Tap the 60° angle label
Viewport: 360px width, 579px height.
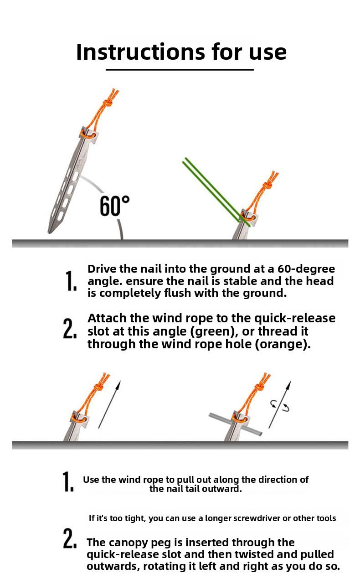tap(115, 206)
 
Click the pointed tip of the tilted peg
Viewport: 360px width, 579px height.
tap(49, 232)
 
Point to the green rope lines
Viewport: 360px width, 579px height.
tap(216, 192)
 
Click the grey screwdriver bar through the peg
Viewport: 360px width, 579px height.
tap(236, 424)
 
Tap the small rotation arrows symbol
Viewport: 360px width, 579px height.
tap(280, 406)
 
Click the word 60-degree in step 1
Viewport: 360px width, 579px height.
tap(306, 269)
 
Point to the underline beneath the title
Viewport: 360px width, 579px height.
tap(180, 70)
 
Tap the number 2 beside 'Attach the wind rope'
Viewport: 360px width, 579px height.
tap(70, 328)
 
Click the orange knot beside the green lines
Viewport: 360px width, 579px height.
tap(268, 186)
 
